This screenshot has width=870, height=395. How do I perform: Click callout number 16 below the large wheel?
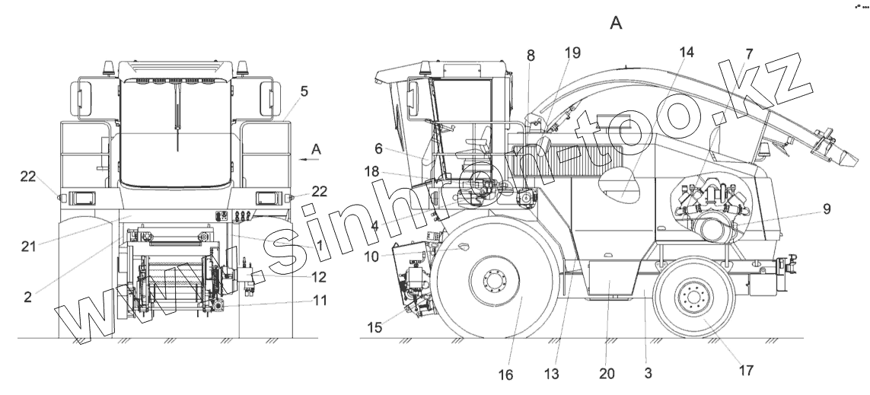click(x=506, y=374)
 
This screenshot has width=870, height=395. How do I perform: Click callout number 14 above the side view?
click(x=687, y=53)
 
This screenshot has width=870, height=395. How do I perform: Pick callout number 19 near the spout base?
click(x=572, y=53)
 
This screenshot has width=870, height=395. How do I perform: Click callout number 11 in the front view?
click(x=320, y=301)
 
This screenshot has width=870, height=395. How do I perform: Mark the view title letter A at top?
click(x=617, y=24)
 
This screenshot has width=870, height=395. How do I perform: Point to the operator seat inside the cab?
click(x=480, y=145)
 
